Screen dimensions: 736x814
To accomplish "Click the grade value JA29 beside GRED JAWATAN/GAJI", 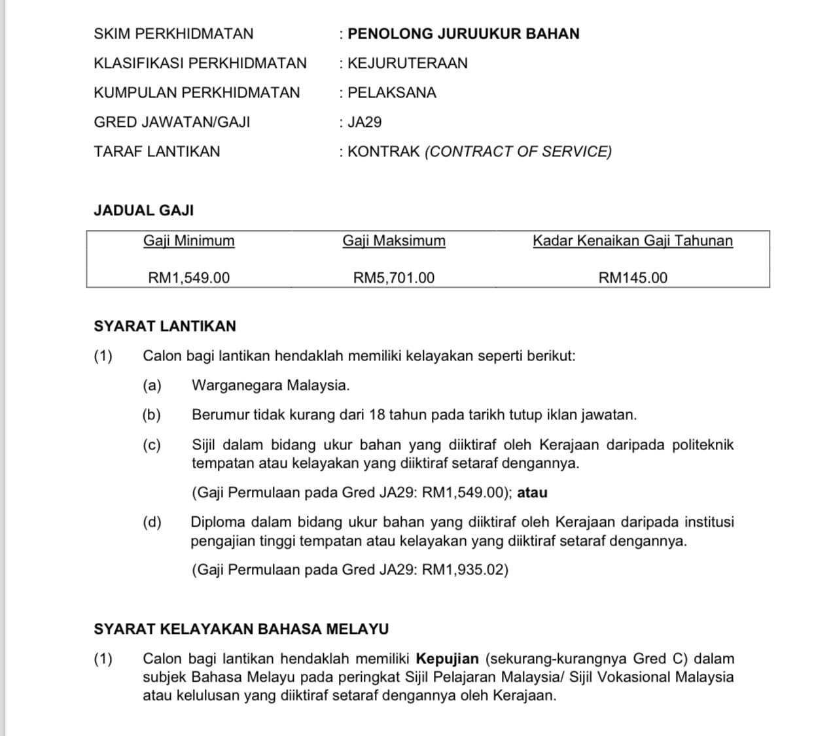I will tap(364, 122).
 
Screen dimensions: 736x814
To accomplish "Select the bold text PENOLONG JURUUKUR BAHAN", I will tap(463, 34).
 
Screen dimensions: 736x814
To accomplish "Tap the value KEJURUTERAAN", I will tap(408, 63).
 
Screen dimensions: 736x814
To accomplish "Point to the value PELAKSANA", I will tap(391, 93).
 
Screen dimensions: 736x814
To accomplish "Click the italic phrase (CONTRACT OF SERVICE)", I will tap(518, 152).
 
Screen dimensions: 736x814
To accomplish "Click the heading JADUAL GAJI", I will tap(144, 211).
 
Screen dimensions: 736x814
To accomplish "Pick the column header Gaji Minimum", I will tap(189, 241).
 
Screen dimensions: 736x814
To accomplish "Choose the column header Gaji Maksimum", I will tap(394, 241).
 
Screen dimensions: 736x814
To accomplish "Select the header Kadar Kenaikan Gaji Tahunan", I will tap(633, 241).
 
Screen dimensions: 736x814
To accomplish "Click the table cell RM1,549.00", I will tap(189, 277).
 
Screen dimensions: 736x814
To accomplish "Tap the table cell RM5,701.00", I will tap(394, 277).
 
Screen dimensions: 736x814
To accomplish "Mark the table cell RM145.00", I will tap(633, 277).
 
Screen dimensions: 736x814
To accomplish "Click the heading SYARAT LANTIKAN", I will tap(165, 326).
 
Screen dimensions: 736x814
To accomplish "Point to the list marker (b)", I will tap(152, 415).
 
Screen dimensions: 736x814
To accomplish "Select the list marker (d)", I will tap(152, 522).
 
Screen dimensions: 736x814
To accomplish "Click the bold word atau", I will tap(532, 493).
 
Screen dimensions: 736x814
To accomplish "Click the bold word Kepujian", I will tap(448, 659).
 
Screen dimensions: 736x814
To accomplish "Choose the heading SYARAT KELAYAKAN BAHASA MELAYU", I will tap(241, 629).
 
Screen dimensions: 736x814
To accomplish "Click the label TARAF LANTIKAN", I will tap(157, 152).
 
